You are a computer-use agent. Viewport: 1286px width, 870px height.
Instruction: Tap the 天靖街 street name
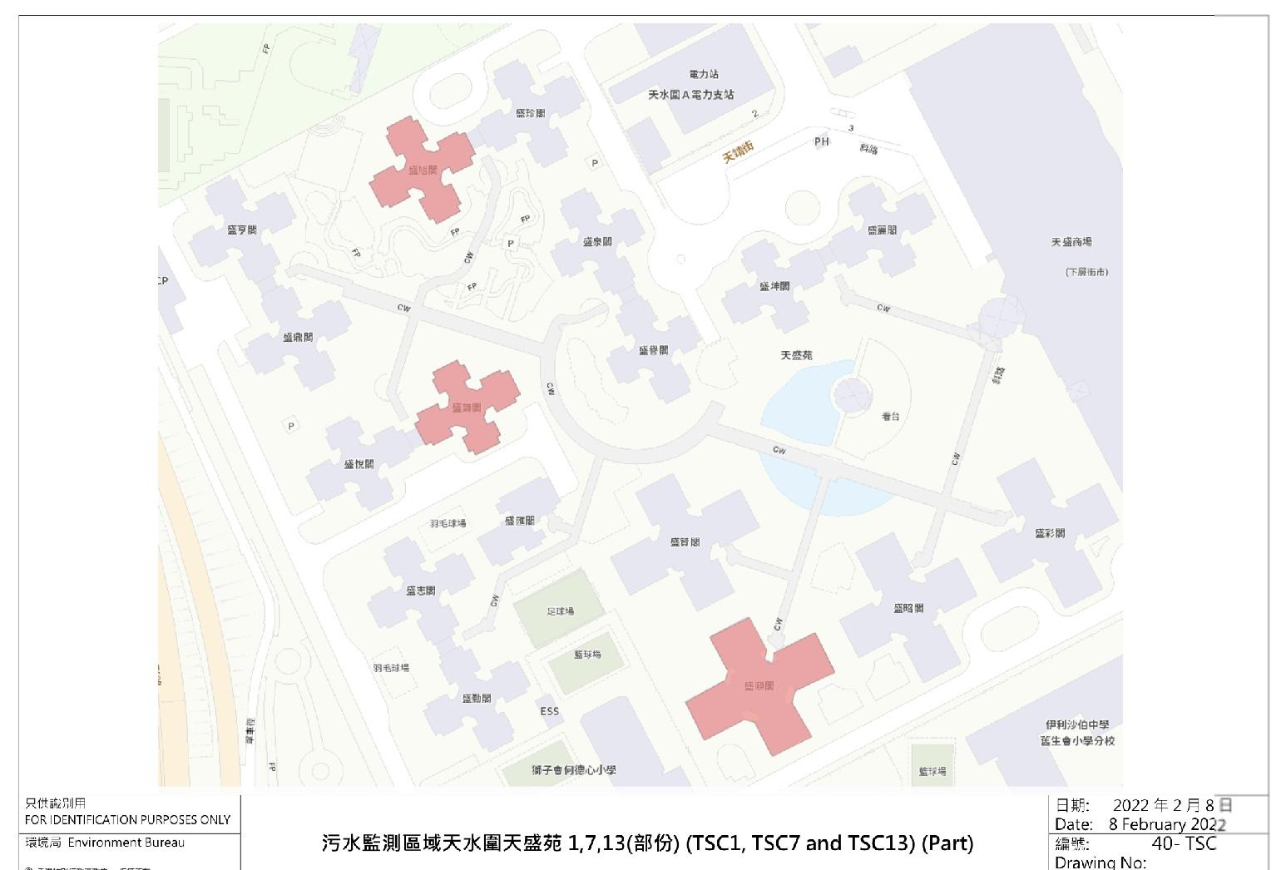click(738, 151)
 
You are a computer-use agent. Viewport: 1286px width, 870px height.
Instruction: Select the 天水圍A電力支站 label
click(691, 95)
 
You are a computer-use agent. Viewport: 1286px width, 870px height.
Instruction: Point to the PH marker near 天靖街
click(822, 141)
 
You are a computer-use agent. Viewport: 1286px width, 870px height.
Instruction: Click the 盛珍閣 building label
click(530, 113)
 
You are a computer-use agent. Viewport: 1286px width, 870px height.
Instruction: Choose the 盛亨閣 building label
click(242, 230)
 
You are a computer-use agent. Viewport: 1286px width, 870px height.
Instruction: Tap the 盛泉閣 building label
click(597, 242)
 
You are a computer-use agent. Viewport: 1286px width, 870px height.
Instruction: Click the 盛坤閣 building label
click(774, 286)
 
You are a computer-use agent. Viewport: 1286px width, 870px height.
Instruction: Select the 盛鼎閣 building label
click(298, 338)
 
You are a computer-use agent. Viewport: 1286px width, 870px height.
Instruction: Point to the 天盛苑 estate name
click(796, 355)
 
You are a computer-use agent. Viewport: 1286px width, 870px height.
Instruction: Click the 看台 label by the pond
click(890, 416)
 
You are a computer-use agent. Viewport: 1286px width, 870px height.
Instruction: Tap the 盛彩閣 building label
click(1050, 533)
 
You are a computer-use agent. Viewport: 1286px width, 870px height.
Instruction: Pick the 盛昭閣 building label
click(908, 608)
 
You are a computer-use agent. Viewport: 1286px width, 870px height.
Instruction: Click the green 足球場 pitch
click(560, 611)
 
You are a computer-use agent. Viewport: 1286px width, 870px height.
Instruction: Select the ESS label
click(550, 711)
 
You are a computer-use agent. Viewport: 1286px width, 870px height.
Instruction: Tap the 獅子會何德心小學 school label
click(574, 770)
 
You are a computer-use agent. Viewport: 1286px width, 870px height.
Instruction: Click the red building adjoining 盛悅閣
click(467, 408)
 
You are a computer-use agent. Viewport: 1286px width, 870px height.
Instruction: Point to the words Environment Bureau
click(126, 843)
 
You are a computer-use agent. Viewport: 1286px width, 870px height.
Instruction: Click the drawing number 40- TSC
click(1184, 843)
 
